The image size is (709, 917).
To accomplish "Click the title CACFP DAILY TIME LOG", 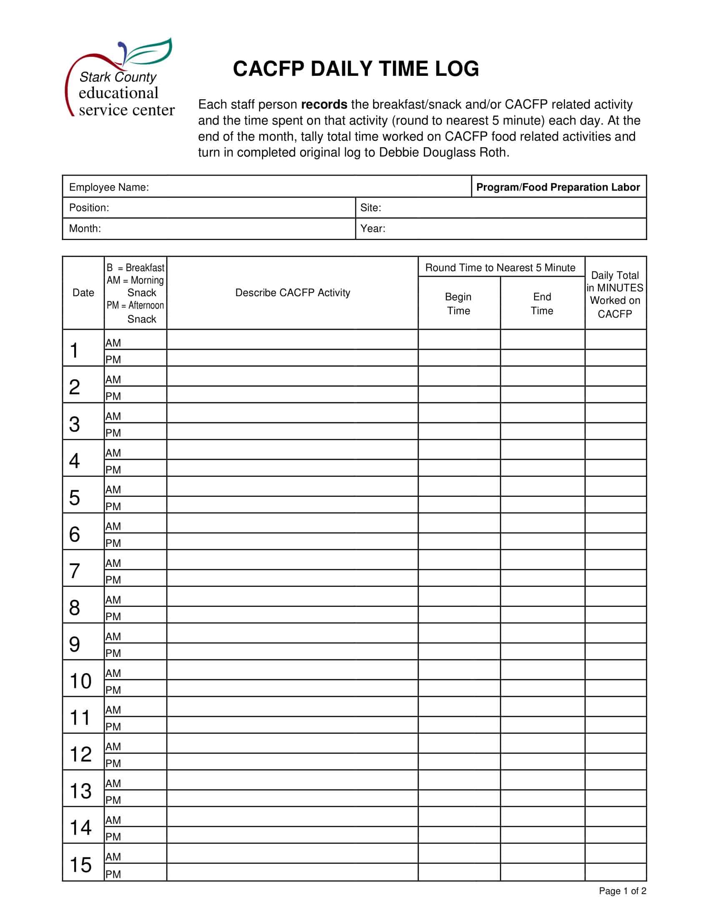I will tap(356, 69).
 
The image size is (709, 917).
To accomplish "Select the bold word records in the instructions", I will tap(324, 104).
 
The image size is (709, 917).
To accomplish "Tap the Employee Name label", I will tap(109, 187).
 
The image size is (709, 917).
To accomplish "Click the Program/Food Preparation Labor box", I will tap(558, 187).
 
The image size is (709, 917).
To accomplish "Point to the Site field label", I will tap(370, 208).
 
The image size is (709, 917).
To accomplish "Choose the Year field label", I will tap(372, 228).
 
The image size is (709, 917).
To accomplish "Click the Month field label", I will tap(85, 228).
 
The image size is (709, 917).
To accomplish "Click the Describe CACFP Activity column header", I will tap(292, 293).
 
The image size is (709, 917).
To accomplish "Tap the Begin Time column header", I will tap(458, 303).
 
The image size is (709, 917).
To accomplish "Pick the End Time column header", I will tap(542, 303).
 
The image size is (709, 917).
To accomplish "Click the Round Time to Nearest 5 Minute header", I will tap(500, 268).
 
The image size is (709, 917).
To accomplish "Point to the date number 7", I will tap(74, 571).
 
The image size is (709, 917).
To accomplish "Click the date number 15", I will tap(80, 865).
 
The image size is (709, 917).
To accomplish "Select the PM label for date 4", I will tap(113, 470).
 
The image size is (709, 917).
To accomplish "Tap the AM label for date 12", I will tap(113, 747).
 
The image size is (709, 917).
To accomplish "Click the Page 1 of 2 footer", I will tap(622, 891).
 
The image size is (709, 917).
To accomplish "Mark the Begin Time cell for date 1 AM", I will tap(459, 340).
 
